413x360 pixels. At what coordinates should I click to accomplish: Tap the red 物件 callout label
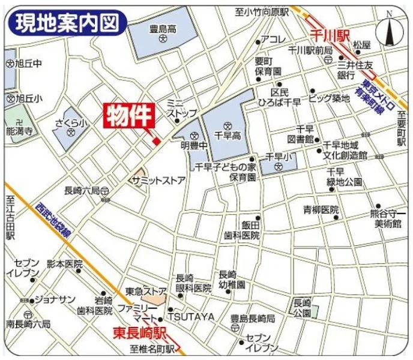coord(130,116)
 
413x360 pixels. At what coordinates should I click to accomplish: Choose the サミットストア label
coord(158,179)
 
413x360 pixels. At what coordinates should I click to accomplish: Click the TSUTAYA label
coord(190,316)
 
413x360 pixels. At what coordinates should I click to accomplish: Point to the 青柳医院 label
coord(321,210)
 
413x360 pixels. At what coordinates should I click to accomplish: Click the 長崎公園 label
coord(303,308)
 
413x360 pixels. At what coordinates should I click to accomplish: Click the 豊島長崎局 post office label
coord(253,319)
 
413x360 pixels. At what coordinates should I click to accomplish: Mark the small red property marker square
coord(155,142)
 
